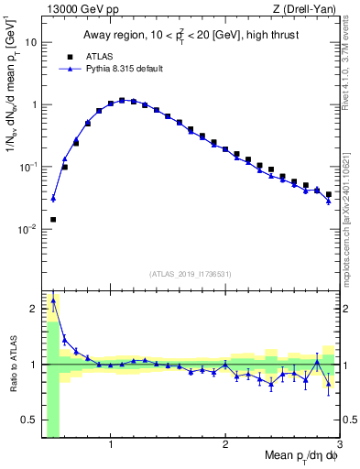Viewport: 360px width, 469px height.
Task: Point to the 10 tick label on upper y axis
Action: coord(32,42)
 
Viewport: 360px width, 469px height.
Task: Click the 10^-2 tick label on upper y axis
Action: coord(28,229)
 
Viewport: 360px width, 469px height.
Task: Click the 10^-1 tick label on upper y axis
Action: coord(28,167)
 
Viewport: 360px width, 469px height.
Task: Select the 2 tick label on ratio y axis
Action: coord(35,309)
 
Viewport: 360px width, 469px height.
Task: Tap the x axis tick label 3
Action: coord(339,446)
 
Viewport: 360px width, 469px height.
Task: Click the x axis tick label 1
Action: coord(111,446)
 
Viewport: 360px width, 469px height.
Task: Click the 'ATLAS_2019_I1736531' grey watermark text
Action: coord(191,274)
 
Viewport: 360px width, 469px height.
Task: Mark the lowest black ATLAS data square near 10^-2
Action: coord(53,220)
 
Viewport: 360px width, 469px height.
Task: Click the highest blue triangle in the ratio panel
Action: coord(53,300)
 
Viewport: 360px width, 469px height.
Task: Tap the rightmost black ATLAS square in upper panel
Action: coord(329,194)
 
